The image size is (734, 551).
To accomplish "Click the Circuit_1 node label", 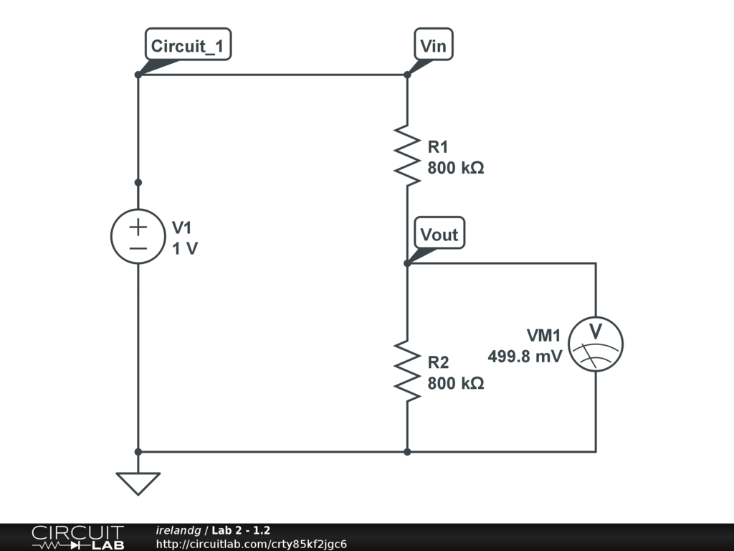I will (x=188, y=47).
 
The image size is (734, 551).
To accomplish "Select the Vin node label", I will (x=433, y=47).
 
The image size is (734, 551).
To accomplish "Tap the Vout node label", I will (x=439, y=235).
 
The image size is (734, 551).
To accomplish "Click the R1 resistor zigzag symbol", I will (x=407, y=155).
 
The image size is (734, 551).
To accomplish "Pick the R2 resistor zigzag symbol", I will (x=407, y=371).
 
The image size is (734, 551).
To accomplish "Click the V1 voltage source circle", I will (x=138, y=236).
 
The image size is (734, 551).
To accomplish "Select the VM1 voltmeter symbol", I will (x=596, y=343).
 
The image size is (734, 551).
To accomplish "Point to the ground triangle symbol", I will (x=138, y=482).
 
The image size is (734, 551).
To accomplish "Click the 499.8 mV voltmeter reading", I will (x=525, y=357).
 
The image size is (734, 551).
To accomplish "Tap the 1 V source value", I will (x=185, y=249).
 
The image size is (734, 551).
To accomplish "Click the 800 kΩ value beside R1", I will (x=456, y=169).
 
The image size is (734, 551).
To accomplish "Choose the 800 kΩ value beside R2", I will (x=456, y=384).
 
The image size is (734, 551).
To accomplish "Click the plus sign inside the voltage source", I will (x=138, y=227).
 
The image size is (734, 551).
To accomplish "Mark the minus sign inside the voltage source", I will (x=138, y=248).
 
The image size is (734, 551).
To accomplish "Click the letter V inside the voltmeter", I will (x=596, y=331).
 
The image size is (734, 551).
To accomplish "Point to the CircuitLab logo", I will (x=77, y=537).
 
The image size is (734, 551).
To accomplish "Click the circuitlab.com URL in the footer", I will (x=251, y=544).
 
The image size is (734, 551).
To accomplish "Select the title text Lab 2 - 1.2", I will (x=241, y=530).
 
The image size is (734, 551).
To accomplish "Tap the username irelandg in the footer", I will (x=178, y=530).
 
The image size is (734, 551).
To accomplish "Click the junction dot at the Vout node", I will (x=407, y=263).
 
